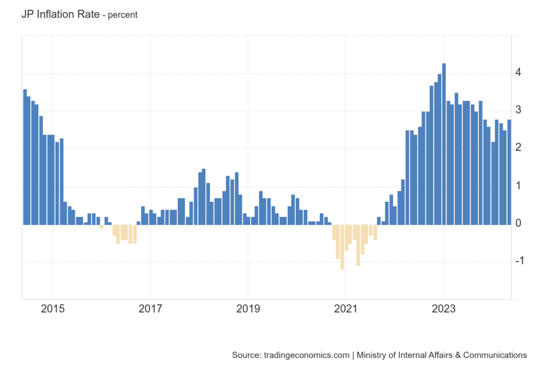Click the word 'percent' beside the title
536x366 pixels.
[122, 15]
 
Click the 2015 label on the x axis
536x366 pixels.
[52, 308]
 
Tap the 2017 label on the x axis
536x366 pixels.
[150, 308]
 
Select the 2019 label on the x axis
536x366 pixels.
[248, 308]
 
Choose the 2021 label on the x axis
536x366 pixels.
[345, 308]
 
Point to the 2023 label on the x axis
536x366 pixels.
[443, 308]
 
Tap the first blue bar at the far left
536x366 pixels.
[25, 157]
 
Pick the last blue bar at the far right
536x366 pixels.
[509, 173]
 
